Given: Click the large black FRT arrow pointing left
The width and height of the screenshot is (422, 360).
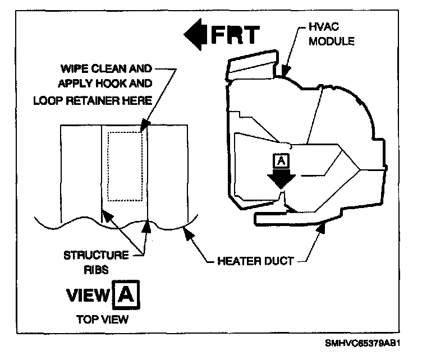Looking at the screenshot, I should (x=196, y=34).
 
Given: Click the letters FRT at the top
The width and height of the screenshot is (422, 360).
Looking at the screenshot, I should (x=235, y=35).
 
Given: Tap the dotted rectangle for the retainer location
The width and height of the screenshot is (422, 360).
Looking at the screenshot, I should (x=125, y=166).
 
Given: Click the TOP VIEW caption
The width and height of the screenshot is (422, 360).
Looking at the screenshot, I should (x=102, y=319).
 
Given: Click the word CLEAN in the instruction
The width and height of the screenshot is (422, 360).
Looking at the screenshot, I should (x=109, y=70).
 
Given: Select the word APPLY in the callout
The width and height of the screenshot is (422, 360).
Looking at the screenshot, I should (x=81, y=85).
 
